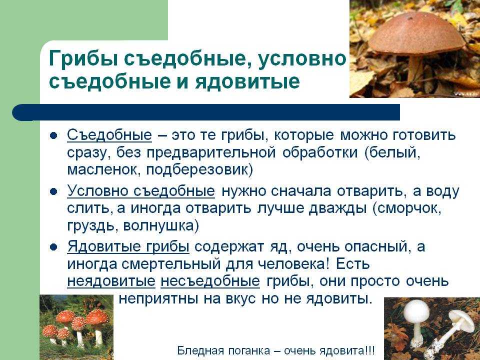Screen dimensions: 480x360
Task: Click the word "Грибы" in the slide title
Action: (83, 59)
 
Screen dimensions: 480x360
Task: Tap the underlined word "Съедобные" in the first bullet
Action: (109, 135)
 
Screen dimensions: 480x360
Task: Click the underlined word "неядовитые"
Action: (111, 281)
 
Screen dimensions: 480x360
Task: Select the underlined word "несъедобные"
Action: (210, 281)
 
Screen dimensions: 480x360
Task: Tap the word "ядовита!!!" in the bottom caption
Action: (346, 350)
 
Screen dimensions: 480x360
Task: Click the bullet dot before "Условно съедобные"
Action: (53, 192)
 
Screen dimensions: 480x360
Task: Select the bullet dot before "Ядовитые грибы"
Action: (53, 247)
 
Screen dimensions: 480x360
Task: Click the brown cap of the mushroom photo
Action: (416, 33)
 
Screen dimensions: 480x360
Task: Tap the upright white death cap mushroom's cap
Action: (416, 311)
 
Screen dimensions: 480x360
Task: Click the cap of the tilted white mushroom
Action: (462, 320)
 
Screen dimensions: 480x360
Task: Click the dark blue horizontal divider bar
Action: (206, 112)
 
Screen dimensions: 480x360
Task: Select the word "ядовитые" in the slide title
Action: (247, 81)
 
